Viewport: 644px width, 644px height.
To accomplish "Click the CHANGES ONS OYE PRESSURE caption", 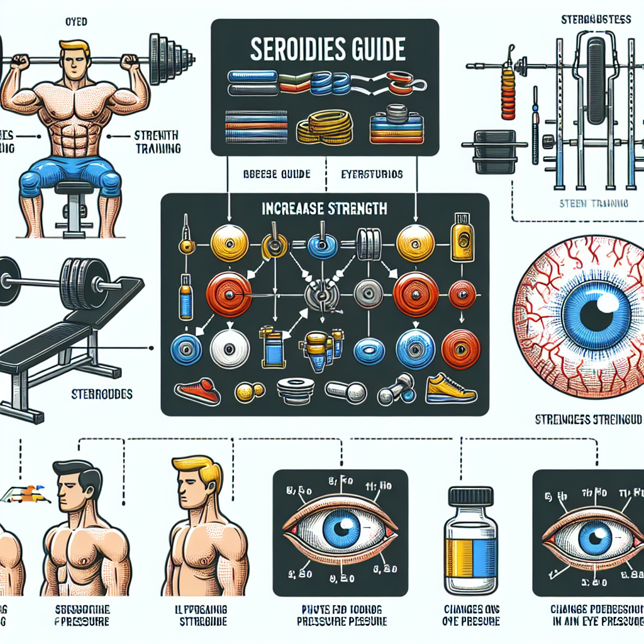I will coord(471,615).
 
